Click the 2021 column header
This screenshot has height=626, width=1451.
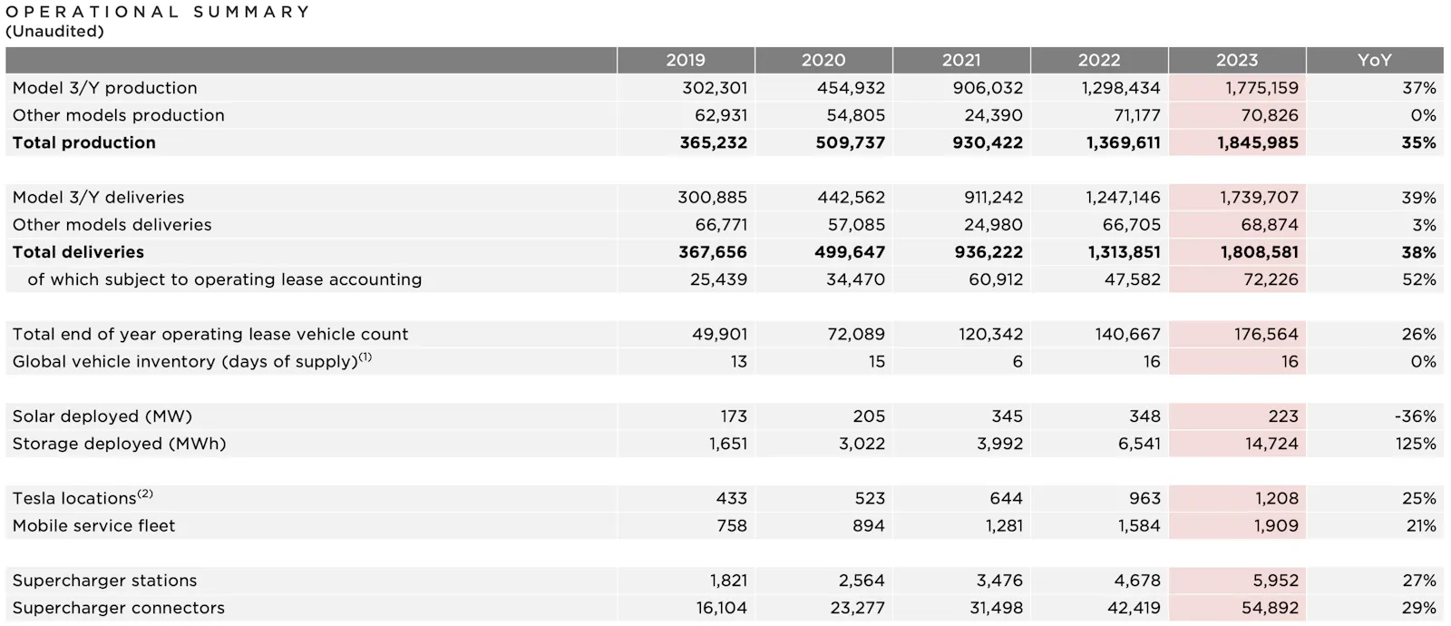pyautogui.click(x=960, y=60)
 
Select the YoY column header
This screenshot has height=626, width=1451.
pyautogui.click(x=1374, y=60)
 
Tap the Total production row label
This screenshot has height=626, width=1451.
pyautogui.click(x=84, y=142)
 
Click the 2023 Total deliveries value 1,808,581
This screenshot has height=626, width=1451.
pyautogui.click(x=1259, y=252)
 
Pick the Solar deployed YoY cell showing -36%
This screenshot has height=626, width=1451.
pyautogui.click(x=1415, y=416)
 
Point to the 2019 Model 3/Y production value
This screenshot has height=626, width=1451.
pyautogui.click(x=715, y=88)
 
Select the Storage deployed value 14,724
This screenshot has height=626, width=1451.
pyautogui.click(x=1271, y=444)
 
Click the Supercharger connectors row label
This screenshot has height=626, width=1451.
pyautogui.click(x=119, y=608)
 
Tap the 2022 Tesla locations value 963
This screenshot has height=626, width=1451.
pyautogui.click(x=1144, y=498)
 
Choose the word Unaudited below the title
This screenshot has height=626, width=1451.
pyautogui.click(x=54, y=31)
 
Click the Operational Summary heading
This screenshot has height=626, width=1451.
pyautogui.click(x=158, y=12)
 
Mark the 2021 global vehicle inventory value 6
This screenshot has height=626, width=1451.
pyautogui.click(x=1018, y=361)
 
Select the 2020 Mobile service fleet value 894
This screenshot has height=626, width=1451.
pyautogui.click(x=868, y=525)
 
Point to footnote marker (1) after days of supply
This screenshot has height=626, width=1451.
pyautogui.click(x=365, y=357)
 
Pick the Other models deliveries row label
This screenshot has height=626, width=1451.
pyautogui.click(x=112, y=225)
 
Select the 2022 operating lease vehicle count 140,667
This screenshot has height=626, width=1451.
pyautogui.click(x=1127, y=334)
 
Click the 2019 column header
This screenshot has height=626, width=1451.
pyautogui.click(x=685, y=60)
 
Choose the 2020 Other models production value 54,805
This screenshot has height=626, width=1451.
pyautogui.click(x=855, y=115)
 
